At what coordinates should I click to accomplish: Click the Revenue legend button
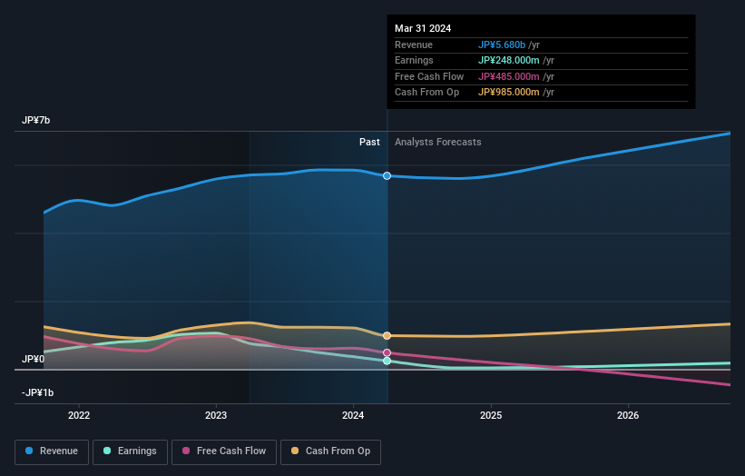coord(52,451)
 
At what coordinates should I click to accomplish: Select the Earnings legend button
coord(129,451)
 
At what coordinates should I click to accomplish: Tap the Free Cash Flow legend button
coord(224,451)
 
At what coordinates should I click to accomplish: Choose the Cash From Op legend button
coord(332,451)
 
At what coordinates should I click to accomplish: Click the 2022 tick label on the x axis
coord(79,415)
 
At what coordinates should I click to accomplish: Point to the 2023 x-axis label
coord(216,415)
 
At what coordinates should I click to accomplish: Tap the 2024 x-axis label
coord(353,415)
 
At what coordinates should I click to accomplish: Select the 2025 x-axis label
coord(490,415)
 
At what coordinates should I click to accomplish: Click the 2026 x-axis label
coord(627,415)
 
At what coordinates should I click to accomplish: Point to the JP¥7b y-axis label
coord(37,121)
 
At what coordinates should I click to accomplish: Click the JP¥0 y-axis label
coord(34,359)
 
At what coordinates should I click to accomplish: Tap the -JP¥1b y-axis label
coord(38,392)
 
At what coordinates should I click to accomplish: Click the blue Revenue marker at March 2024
coord(387,175)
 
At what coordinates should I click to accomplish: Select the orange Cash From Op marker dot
coord(387,336)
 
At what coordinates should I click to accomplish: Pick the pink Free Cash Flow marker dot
coord(387,352)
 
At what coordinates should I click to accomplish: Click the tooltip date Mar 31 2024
coord(423,29)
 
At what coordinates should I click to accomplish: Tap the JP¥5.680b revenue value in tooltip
coord(508,45)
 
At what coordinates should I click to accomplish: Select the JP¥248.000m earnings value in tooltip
coord(515,61)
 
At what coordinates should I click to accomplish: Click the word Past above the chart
coord(369,142)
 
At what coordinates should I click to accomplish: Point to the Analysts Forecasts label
coord(437,142)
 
